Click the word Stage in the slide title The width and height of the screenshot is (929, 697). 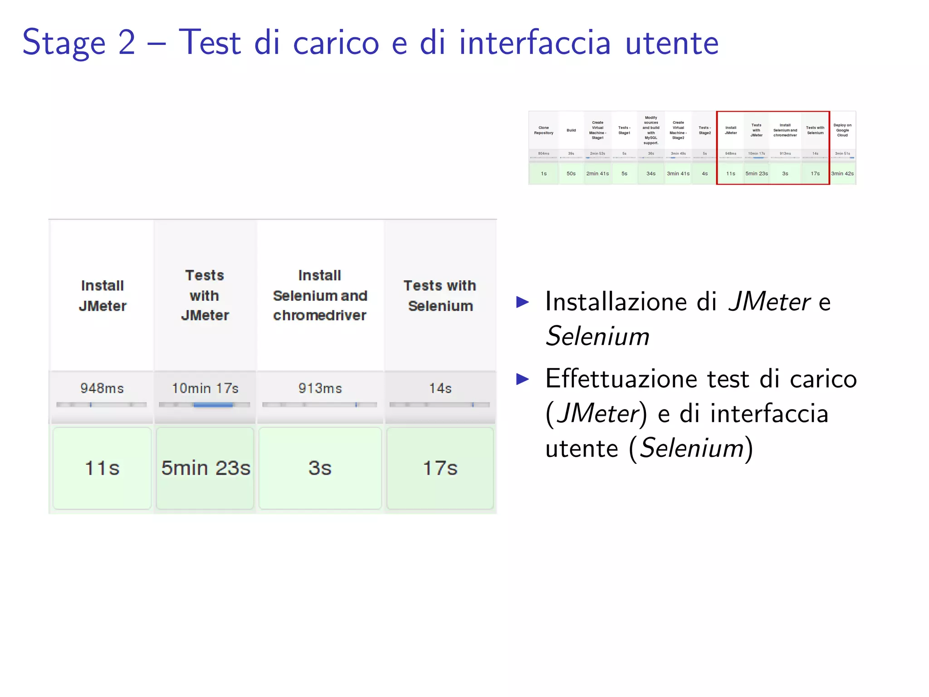pos(64,43)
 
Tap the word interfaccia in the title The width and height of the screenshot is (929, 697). pos(535,43)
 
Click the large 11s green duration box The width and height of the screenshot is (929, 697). pos(102,468)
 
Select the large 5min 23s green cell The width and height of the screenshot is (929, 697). pos(205,468)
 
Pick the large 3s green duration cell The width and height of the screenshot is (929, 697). pos(320,468)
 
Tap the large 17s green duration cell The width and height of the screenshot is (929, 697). pos(440,468)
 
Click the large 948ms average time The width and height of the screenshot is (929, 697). pos(102,388)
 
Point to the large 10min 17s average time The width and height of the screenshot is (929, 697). pos(205,388)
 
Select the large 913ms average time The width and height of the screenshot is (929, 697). pos(320,388)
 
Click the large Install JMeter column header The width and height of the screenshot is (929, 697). pos(103,296)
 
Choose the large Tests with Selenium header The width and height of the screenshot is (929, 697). pos(440,296)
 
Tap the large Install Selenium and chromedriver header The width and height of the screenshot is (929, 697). pos(320,295)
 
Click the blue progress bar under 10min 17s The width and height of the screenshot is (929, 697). pos(213,405)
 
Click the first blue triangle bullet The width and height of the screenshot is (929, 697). pos(523,302)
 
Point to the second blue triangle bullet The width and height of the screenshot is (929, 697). pos(523,379)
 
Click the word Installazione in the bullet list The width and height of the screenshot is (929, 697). pos(616,302)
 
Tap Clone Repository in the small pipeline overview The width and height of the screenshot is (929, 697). pos(543,130)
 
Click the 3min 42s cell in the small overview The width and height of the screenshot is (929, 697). pos(842,174)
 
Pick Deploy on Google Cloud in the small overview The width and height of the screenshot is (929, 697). pos(842,130)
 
